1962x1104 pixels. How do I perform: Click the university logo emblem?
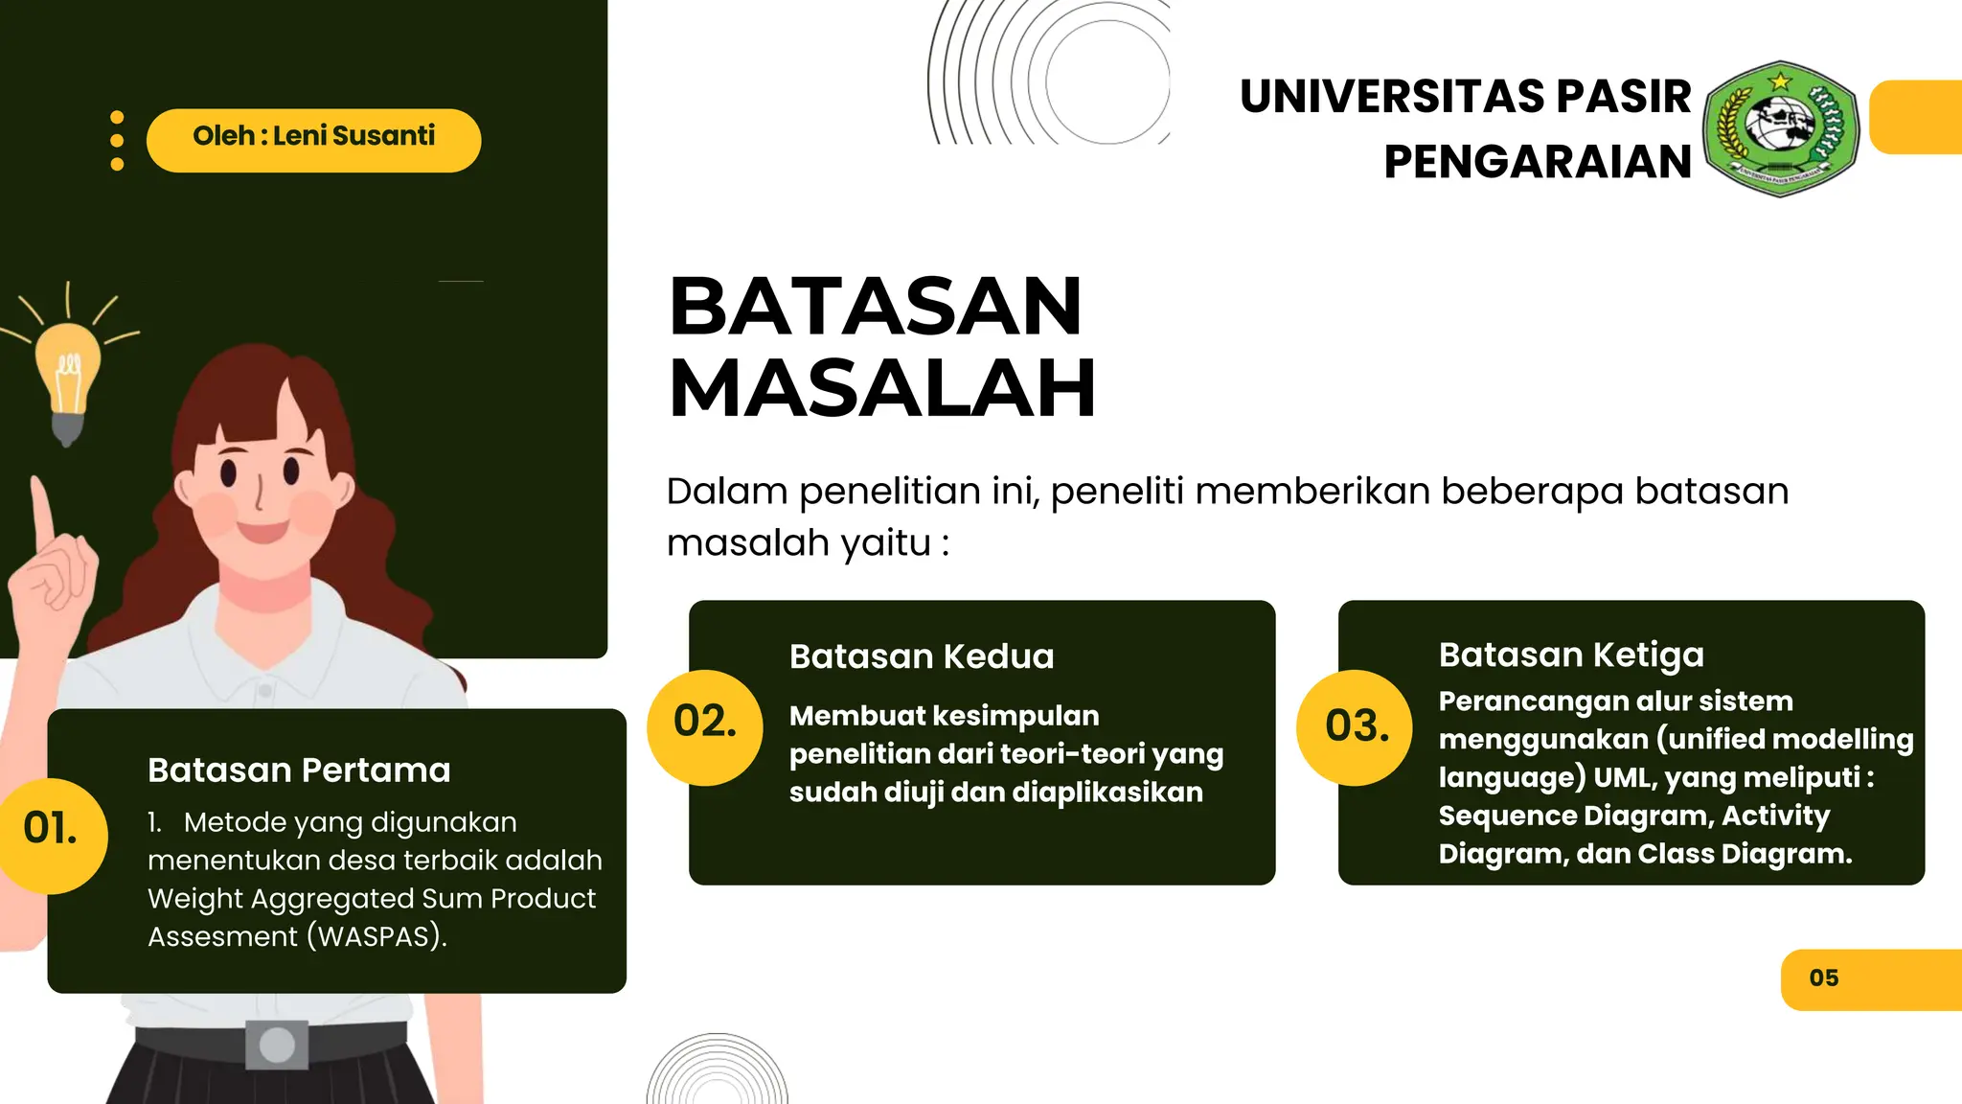tap(1780, 128)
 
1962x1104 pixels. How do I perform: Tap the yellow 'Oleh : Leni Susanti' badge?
tap(313, 140)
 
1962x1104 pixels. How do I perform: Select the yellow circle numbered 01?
tap(51, 835)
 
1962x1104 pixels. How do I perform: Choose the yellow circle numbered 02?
tap(705, 726)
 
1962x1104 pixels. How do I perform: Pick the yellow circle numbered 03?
tap(1356, 727)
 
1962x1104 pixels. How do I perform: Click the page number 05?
tap(1824, 978)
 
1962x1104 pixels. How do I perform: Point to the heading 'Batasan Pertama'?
tap(299, 770)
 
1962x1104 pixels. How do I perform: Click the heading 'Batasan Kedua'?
tap(922, 656)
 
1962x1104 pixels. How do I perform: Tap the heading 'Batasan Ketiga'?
tap(1571, 655)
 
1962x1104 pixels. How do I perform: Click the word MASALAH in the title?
tap(881, 388)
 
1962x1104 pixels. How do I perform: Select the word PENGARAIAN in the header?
tap(1538, 161)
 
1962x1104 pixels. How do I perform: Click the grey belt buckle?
tap(277, 1045)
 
